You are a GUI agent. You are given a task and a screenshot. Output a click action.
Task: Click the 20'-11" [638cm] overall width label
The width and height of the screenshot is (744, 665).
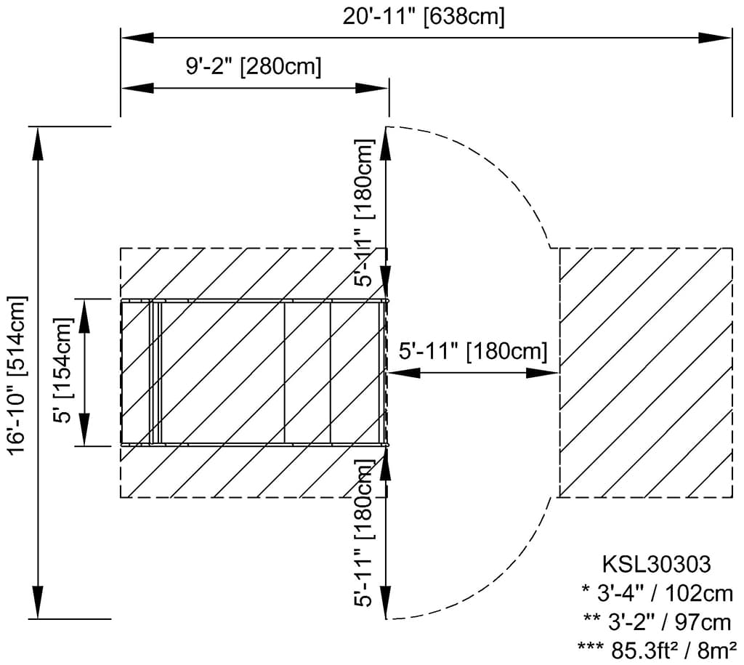click(424, 17)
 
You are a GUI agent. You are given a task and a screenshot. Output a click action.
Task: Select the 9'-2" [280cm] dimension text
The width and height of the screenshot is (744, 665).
click(254, 66)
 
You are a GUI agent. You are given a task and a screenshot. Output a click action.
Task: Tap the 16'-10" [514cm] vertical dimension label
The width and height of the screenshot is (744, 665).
click(18, 374)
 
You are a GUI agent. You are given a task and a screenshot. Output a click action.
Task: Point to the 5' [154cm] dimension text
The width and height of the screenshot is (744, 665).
click(64, 370)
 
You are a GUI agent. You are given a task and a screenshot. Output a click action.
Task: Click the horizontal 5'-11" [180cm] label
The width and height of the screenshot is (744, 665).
click(473, 352)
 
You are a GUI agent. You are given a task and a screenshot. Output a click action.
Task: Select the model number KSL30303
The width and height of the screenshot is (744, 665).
click(657, 565)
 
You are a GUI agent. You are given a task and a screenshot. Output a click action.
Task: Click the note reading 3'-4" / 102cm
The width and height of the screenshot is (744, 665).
click(658, 593)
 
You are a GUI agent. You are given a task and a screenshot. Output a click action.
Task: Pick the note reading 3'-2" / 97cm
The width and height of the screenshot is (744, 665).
click(658, 622)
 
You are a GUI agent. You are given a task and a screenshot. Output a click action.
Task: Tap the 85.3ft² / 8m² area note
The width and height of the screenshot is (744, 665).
click(658, 650)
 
